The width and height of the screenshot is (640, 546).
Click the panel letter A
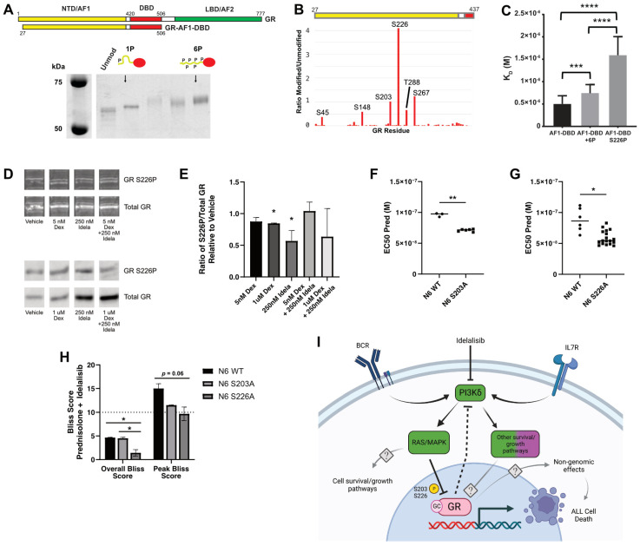[8, 8]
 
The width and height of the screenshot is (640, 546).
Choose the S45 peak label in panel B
[322, 112]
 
